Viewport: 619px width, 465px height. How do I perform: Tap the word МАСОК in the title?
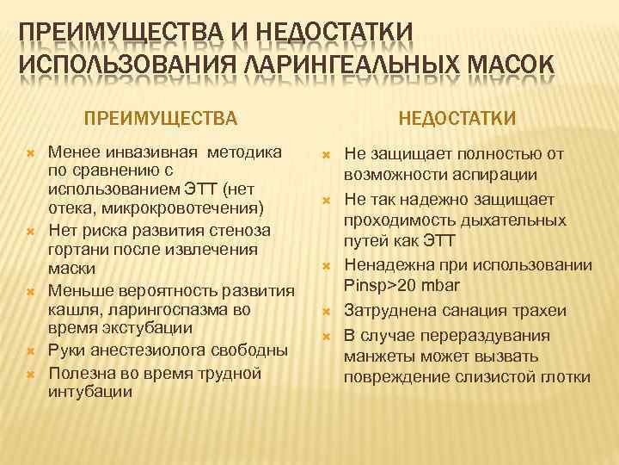(501, 65)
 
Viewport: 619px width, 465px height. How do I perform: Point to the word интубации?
(90, 392)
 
